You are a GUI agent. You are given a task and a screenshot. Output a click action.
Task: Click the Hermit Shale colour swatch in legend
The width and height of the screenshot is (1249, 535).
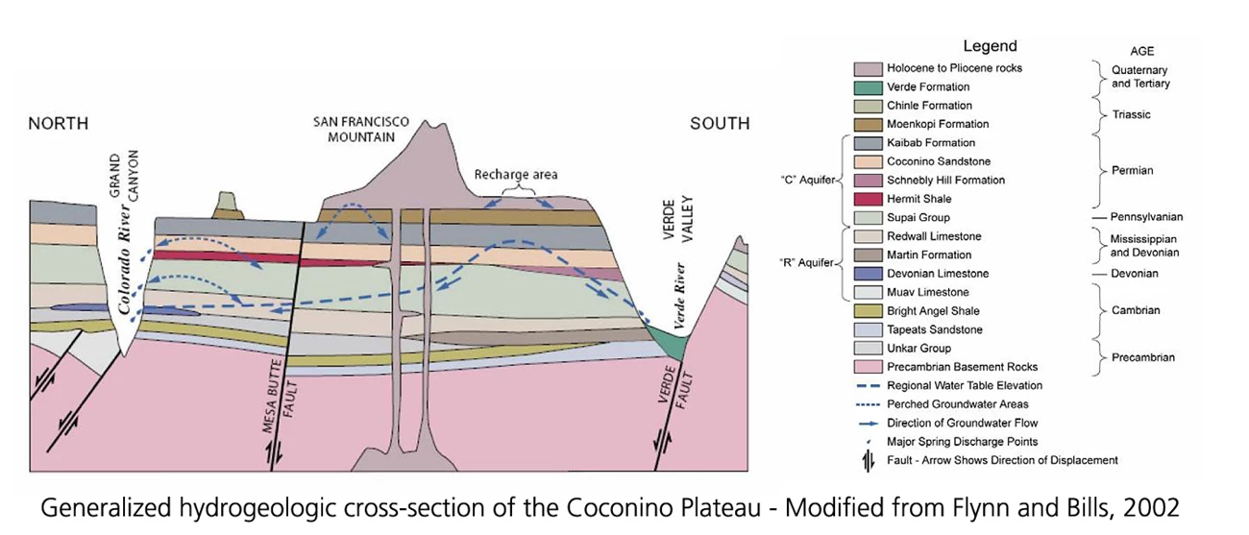pos(868,199)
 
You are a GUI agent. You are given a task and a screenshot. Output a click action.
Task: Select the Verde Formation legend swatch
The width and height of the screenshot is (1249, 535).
pos(868,86)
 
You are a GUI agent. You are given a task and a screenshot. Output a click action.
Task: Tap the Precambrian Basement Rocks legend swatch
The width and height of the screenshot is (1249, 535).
pos(868,367)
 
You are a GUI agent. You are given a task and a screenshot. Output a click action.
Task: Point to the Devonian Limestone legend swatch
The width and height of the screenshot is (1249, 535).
pos(868,274)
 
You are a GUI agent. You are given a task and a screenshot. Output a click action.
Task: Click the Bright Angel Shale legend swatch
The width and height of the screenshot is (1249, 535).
pos(868,311)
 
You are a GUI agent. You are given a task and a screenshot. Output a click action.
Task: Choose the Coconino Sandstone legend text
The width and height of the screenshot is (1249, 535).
pos(926,161)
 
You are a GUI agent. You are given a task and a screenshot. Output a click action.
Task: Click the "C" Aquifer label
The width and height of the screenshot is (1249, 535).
pos(809,180)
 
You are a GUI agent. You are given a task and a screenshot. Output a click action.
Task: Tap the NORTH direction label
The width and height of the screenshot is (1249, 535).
pos(58,123)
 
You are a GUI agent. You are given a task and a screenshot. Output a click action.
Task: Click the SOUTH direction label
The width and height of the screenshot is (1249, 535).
pos(720,123)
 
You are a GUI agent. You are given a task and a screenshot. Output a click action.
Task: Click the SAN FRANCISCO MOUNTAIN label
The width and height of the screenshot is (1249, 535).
pos(361,130)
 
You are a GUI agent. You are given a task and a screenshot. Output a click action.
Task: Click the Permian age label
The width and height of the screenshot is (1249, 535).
pos(1134,170)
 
